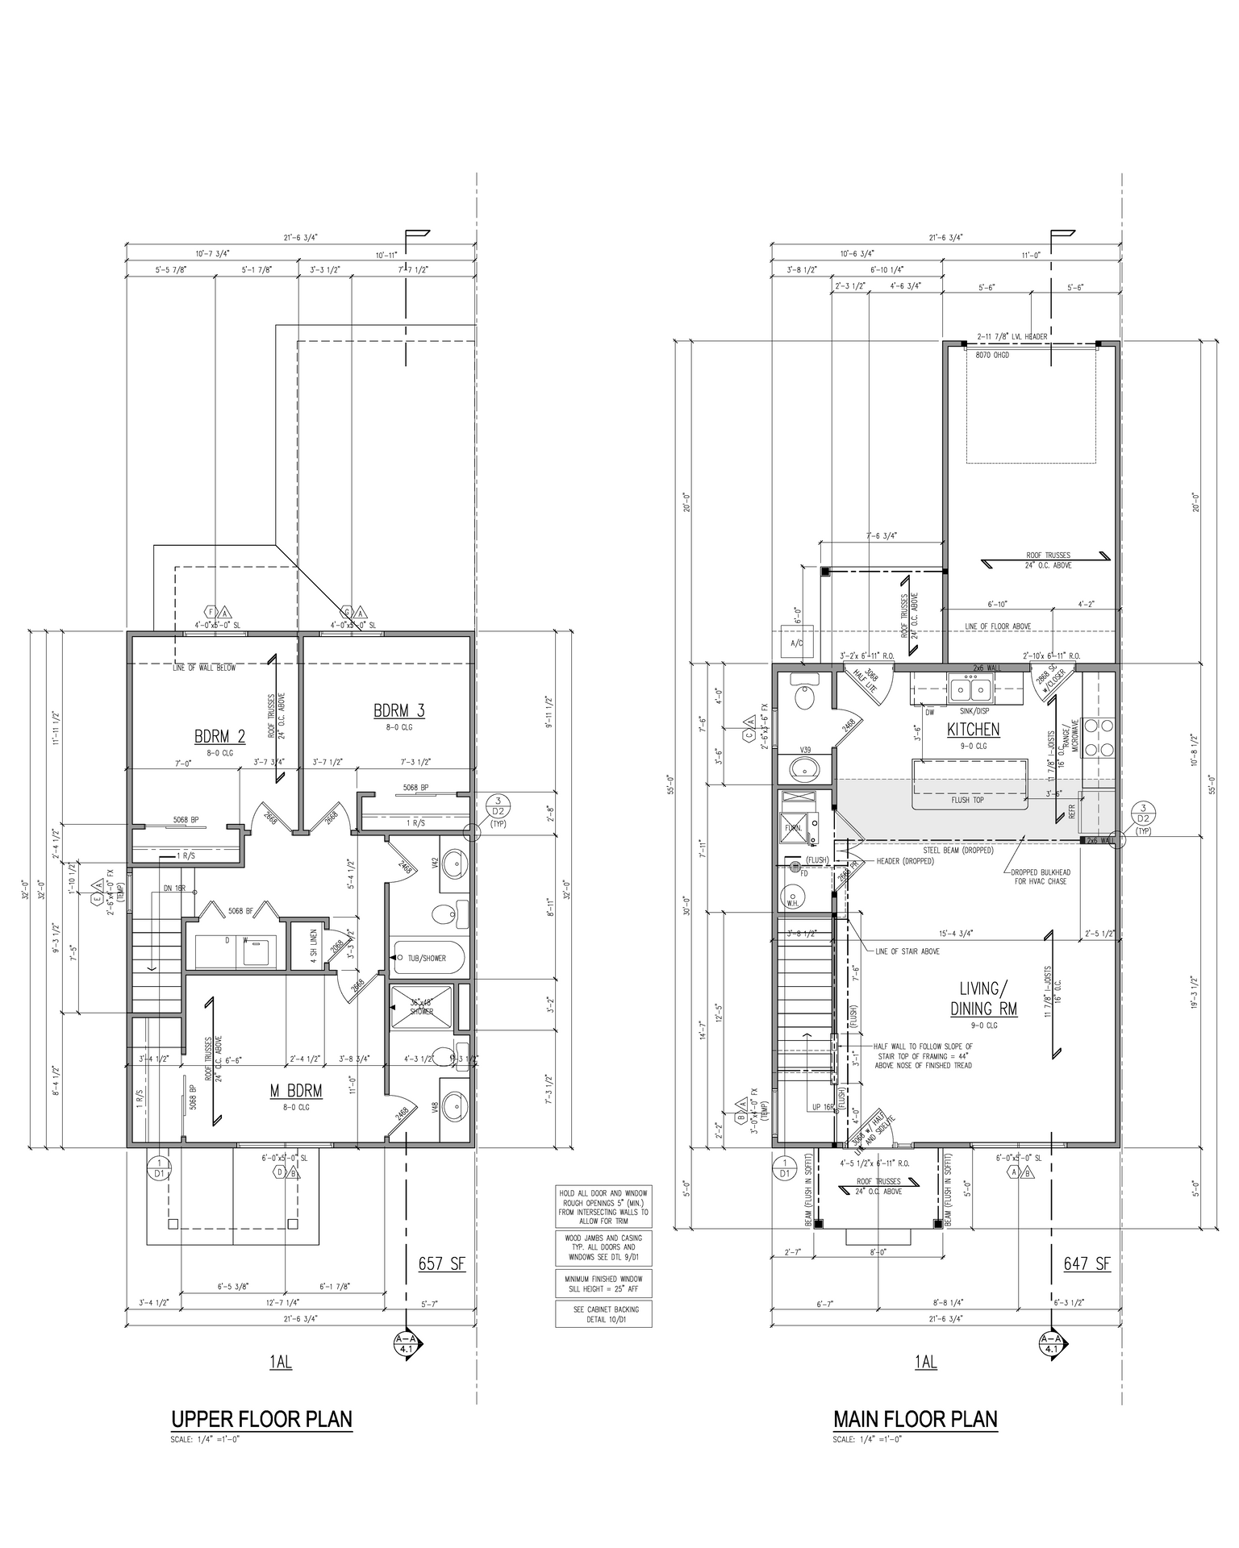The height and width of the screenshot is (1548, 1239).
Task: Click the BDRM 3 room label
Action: [x=398, y=710]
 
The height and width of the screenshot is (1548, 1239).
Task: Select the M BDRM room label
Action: [x=296, y=1091]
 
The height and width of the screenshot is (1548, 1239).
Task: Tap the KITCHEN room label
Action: [x=974, y=730]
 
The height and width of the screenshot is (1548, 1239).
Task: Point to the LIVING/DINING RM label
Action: [x=983, y=998]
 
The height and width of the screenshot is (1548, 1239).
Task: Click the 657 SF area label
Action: [x=441, y=1263]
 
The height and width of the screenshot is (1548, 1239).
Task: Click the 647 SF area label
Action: [x=1087, y=1263]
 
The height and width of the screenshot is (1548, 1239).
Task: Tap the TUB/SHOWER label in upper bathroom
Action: [x=427, y=958]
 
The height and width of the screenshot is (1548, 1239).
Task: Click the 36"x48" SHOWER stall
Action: [x=421, y=1007]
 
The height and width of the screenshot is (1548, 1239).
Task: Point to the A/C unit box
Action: [x=797, y=643]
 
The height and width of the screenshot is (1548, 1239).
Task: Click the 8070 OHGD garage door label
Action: [x=992, y=355]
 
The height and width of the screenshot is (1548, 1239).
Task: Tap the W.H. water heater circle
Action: [x=795, y=897]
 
